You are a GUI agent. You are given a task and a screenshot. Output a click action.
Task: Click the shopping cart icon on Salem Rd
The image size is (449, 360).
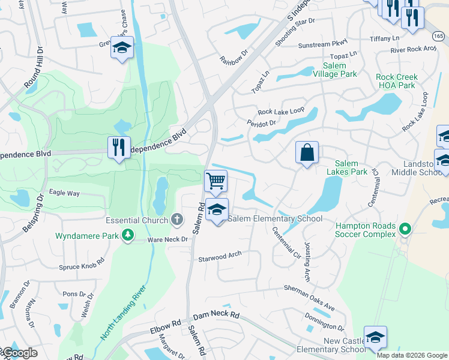(x=216, y=180)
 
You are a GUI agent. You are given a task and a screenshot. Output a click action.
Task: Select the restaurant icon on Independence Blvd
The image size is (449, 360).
(x=118, y=147)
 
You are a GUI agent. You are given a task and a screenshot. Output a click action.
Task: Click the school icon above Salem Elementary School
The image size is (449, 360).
(x=217, y=210)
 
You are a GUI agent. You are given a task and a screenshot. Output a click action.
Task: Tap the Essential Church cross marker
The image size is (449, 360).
(x=176, y=220)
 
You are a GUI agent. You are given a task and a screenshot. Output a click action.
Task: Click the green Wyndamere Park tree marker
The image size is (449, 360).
(x=127, y=235)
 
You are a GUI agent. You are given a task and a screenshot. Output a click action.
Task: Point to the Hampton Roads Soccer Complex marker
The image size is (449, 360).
(x=405, y=229)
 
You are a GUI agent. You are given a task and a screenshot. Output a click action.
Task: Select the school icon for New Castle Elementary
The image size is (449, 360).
(x=375, y=337)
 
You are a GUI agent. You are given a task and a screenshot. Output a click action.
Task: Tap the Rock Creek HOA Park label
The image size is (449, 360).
(x=396, y=81)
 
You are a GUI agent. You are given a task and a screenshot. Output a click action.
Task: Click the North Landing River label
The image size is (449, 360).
(x=124, y=314)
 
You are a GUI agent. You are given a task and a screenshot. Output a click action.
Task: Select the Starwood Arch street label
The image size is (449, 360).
(x=220, y=256)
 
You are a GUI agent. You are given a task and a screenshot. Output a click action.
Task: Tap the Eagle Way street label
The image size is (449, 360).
(x=64, y=193)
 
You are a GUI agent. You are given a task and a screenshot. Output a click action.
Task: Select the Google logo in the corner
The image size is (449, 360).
(x=19, y=353)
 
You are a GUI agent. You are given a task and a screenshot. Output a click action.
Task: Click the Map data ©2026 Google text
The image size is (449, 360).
(x=412, y=355)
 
